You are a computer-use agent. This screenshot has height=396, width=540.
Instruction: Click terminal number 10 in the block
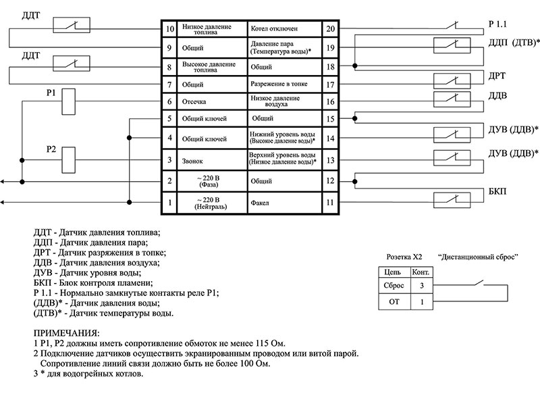click(170, 28)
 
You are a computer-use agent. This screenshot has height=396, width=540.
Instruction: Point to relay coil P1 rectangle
click(69, 101)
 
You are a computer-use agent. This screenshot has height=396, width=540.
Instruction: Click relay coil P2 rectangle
click(69, 160)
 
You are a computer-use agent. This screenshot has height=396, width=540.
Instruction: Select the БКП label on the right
click(497, 192)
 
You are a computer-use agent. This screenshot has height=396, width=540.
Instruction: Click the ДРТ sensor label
click(497, 76)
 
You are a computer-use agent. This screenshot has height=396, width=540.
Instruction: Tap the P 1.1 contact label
click(497, 24)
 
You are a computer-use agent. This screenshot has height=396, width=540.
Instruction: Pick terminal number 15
click(330, 119)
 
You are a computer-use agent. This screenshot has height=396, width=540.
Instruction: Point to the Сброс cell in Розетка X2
click(394, 285)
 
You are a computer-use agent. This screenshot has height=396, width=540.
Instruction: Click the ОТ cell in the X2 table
click(394, 302)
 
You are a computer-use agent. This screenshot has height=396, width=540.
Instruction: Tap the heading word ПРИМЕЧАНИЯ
click(66, 333)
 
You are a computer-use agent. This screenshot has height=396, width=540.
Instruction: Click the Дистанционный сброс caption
click(478, 257)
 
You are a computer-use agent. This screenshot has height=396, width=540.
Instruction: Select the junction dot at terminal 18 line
click(355, 66)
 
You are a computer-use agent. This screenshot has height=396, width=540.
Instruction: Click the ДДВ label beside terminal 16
click(497, 95)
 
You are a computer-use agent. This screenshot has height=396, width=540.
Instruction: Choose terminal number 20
click(330, 28)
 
